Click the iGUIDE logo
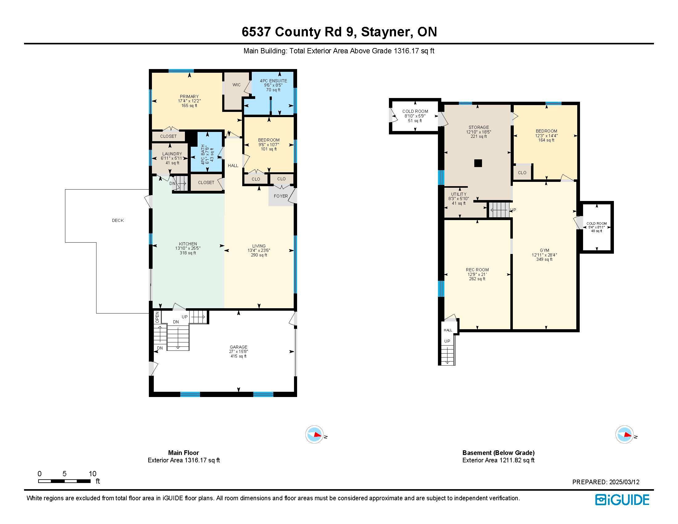[622, 499]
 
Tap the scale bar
[64, 481]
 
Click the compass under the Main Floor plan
[314, 434]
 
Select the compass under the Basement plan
[624, 434]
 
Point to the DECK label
[118, 220]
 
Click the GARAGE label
[239, 347]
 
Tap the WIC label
[237, 85]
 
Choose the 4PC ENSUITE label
[273, 81]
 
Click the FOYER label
[281, 196]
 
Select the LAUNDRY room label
[172, 154]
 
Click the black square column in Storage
[478, 163]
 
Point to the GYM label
[544, 250]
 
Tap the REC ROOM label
[477, 270]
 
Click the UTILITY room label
[459, 194]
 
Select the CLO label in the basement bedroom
[522, 173]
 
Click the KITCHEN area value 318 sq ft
[188, 253]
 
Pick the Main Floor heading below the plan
[183, 452]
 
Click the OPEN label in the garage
[157, 317]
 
